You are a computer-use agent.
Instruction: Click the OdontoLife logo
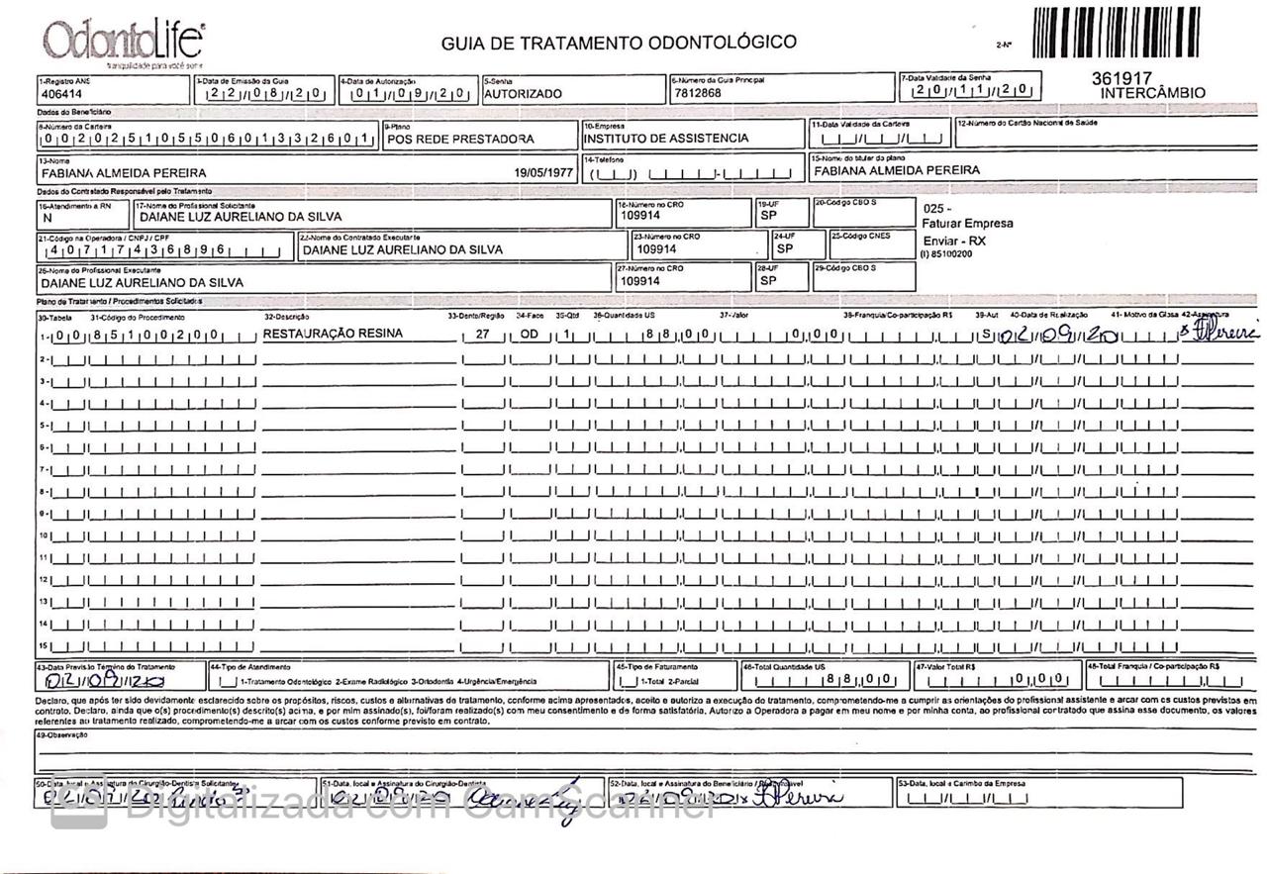tap(123, 43)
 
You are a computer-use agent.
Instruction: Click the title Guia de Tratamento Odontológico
tap(619, 43)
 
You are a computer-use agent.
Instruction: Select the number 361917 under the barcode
tap(1122, 77)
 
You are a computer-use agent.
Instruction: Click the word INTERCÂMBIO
tap(1153, 93)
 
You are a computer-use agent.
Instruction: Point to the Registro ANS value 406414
tap(61, 95)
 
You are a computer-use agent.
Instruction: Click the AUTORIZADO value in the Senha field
tap(523, 94)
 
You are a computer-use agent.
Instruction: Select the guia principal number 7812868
tap(698, 93)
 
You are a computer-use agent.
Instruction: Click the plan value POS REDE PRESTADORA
tap(460, 140)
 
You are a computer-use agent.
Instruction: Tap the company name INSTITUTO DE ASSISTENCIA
tap(665, 139)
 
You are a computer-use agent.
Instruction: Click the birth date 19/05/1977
tap(543, 172)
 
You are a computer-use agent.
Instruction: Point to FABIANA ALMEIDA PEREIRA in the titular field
tap(896, 170)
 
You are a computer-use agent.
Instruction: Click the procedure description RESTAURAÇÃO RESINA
tap(333, 335)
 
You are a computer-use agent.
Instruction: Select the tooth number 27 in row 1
tap(483, 335)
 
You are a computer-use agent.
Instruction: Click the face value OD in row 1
tap(530, 335)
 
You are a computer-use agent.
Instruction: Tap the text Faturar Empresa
tap(967, 224)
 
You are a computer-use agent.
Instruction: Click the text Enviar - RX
tap(953, 241)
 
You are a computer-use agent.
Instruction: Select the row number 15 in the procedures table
tap(44, 646)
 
